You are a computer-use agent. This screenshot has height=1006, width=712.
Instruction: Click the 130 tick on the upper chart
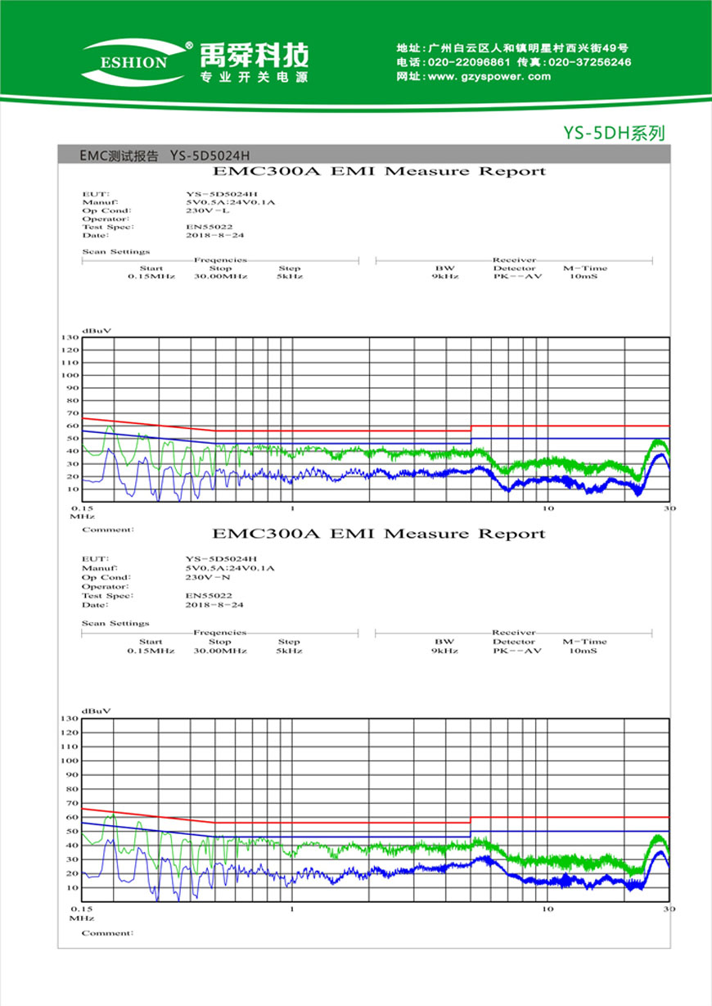[71, 337]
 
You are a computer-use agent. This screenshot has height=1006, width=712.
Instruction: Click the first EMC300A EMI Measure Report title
[379, 172]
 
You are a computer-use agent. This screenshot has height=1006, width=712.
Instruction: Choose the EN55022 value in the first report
[209, 227]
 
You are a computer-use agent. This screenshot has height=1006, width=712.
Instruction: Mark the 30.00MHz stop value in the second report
[220, 651]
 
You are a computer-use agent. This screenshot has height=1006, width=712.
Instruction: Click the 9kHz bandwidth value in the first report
[445, 277]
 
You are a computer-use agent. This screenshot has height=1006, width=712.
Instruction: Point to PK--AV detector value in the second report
[516, 651]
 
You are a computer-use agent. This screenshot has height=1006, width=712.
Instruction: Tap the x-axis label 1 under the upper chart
[291, 508]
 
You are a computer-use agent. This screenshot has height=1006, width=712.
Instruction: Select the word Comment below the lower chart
[106, 933]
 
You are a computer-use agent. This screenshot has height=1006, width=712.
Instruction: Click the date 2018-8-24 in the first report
[214, 236]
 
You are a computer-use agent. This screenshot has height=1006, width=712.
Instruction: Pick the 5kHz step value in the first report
[290, 277]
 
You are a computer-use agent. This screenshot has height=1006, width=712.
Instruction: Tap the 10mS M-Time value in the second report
[584, 651]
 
